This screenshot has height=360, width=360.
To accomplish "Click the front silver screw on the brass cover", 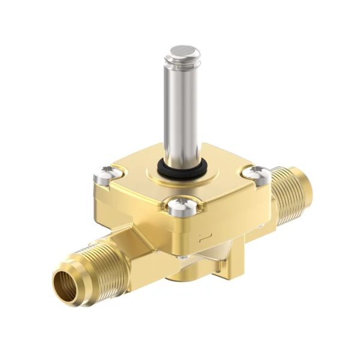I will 180,208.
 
